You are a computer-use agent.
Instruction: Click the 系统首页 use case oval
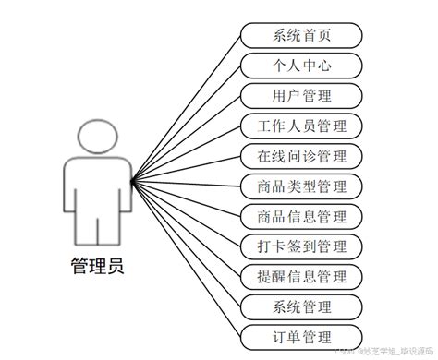pos(301,36)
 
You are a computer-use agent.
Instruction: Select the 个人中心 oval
pos(301,66)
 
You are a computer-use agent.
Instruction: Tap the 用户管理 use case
pos(301,95)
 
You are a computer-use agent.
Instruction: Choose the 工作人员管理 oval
pos(301,126)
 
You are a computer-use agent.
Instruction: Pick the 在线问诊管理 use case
pos(301,155)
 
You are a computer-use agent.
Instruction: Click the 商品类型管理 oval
pos(301,186)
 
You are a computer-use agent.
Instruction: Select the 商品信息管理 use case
pos(301,216)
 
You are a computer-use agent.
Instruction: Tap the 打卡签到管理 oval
pos(301,246)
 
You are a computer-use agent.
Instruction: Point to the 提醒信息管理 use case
pos(301,276)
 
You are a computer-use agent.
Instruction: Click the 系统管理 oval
pos(301,306)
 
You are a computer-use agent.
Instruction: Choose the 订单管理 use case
pos(301,336)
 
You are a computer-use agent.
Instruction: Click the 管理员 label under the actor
pos(96,268)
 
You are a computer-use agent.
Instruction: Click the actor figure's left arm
pos(70,189)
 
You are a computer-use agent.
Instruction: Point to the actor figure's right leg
pos(108,226)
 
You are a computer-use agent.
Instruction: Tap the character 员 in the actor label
pos(114,268)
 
